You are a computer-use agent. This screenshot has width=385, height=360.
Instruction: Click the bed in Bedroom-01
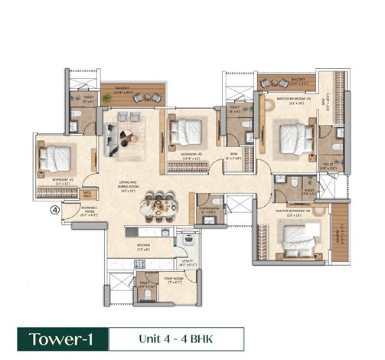[x=54, y=159]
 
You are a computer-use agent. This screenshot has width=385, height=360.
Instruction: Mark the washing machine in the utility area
[x=188, y=241]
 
